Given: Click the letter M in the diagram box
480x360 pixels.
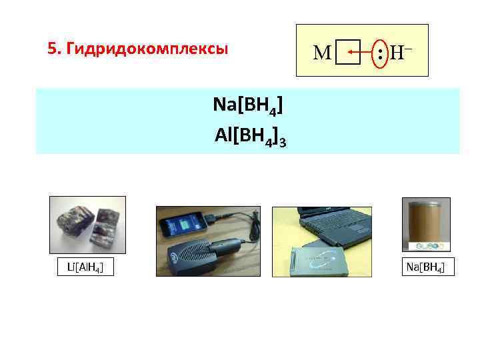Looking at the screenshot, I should point(322,51).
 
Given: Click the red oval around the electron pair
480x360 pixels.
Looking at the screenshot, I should point(379,51).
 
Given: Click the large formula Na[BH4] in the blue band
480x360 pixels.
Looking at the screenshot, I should point(247,105).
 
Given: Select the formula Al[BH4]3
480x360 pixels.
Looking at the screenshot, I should point(251,135).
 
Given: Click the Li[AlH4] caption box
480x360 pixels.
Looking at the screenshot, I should point(87,267).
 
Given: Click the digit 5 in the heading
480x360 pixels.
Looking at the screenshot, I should point(51,49).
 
